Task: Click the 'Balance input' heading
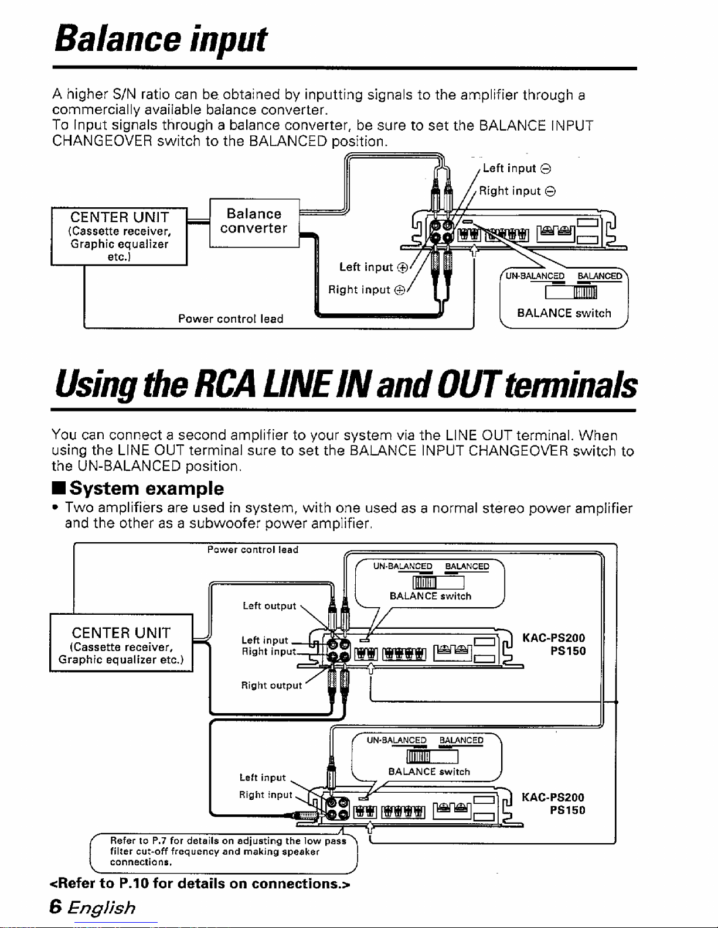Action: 161,39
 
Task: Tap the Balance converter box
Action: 254,222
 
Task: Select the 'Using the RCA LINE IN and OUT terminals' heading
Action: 346,386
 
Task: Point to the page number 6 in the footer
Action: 56,907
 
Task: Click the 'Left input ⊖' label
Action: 517,168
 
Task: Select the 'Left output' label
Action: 269,605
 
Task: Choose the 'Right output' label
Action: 271,686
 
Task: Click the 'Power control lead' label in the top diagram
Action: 231,319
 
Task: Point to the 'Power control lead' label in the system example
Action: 253,550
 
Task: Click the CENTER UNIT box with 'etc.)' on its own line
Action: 119,237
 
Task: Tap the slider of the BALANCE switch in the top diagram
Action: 585,293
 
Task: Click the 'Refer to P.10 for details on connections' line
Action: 200,883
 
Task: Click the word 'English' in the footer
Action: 102,908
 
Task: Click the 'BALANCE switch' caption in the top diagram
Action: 564,313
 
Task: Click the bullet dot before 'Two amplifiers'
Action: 55,508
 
